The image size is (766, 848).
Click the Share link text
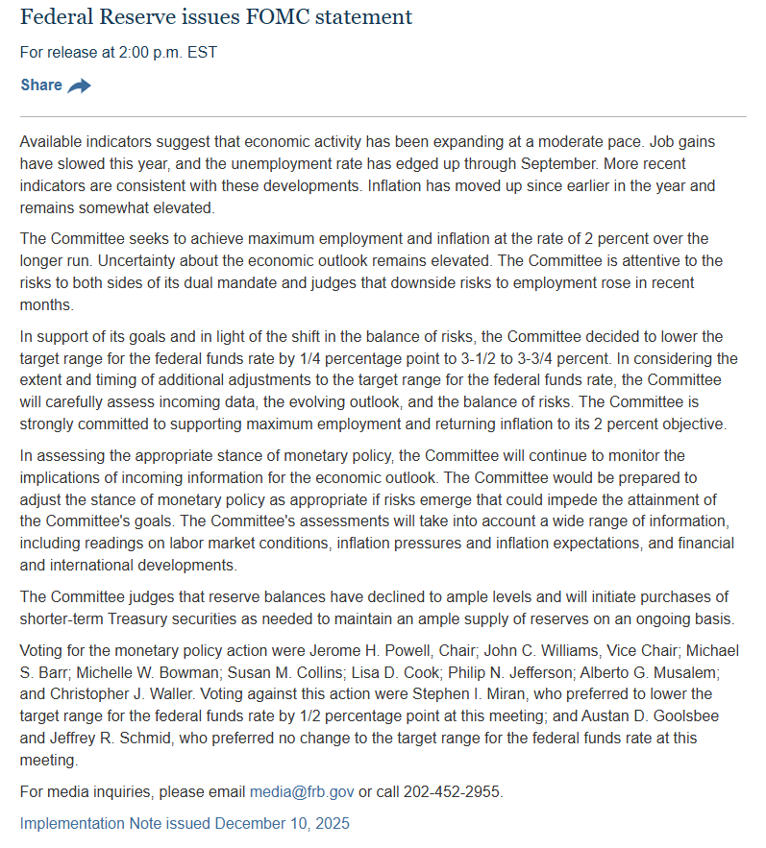click(x=41, y=85)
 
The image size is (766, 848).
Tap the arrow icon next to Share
click(x=80, y=85)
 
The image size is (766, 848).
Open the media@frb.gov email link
click(x=302, y=792)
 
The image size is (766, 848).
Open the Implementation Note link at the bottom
click(x=185, y=823)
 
